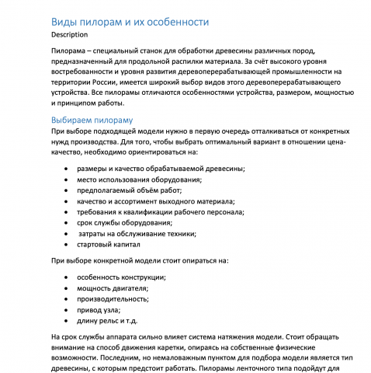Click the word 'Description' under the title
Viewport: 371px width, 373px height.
[x=69, y=35]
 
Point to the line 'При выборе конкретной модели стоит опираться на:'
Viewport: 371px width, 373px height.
[x=140, y=260]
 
